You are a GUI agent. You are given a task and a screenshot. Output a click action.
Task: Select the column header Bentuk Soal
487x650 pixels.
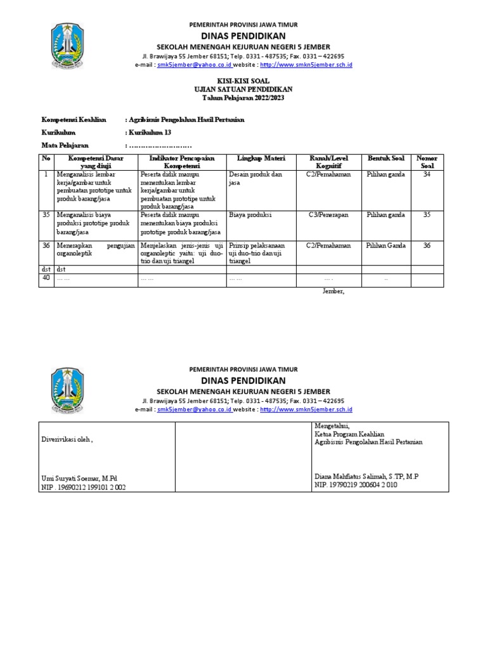pyautogui.click(x=386, y=157)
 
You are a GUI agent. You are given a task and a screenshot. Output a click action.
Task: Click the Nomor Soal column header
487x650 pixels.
pyautogui.click(x=426, y=161)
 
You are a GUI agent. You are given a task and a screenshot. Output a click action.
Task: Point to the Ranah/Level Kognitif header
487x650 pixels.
pyautogui.click(x=328, y=161)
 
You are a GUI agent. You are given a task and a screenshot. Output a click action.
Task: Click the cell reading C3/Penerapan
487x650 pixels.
pyautogui.click(x=328, y=215)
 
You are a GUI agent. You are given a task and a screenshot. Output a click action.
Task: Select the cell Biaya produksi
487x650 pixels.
pyautogui.click(x=250, y=215)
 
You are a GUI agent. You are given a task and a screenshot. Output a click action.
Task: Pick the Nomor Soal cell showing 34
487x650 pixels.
pyautogui.click(x=426, y=174)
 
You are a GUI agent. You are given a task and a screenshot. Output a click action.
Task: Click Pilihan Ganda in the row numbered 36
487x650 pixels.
pyautogui.click(x=386, y=245)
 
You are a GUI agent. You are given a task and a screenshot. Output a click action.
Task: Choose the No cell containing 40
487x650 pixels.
pyautogui.click(x=46, y=277)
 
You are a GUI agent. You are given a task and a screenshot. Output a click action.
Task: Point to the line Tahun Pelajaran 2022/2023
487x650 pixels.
pyautogui.click(x=244, y=97)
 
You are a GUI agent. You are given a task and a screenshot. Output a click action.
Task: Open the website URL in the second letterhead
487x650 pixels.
pyautogui.click(x=306, y=409)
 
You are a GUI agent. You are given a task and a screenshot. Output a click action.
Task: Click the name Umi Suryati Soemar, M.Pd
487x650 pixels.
pyautogui.click(x=79, y=478)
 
